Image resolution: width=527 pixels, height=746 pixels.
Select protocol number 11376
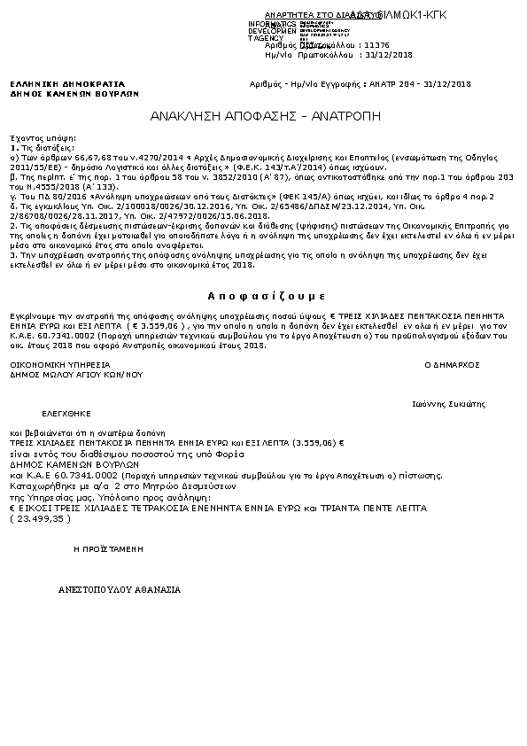click(376, 44)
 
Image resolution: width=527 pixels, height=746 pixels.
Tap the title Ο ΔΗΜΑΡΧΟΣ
click(452, 364)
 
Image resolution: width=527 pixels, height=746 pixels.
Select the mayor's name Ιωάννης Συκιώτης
click(449, 403)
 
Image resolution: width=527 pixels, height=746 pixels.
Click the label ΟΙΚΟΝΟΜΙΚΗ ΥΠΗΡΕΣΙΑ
click(59, 364)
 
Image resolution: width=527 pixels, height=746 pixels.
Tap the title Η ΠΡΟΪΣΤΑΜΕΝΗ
click(108, 549)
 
